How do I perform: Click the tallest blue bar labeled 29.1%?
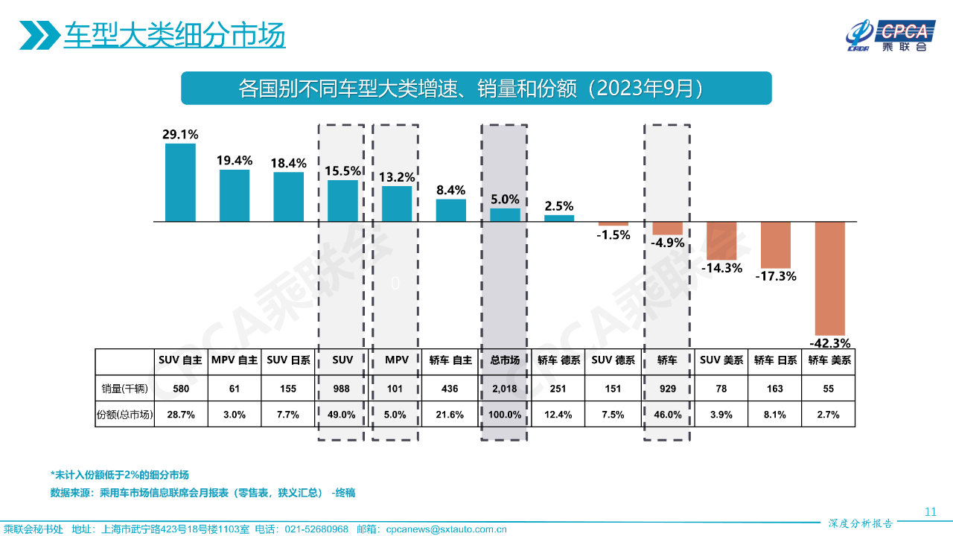point(180,182)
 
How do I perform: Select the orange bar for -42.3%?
point(830,278)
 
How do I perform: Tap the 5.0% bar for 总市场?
point(505,214)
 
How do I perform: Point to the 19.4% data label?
point(235,160)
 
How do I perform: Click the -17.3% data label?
point(776,276)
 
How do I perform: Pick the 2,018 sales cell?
point(505,388)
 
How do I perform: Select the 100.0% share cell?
point(505,415)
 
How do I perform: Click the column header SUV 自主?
point(181,360)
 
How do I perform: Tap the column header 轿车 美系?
point(829,360)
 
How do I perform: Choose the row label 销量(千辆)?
point(125,388)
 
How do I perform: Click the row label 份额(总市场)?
point(125,415)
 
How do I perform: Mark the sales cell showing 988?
point(342,388)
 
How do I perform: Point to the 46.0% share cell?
point(667,415)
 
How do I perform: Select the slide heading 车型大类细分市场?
point(174,35)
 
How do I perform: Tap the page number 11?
point(930,511)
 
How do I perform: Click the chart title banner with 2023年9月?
point(476,89)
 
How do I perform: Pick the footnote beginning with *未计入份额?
point(120,474)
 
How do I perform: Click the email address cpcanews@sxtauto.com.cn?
point(447,529)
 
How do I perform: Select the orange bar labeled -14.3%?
point(721,240)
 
